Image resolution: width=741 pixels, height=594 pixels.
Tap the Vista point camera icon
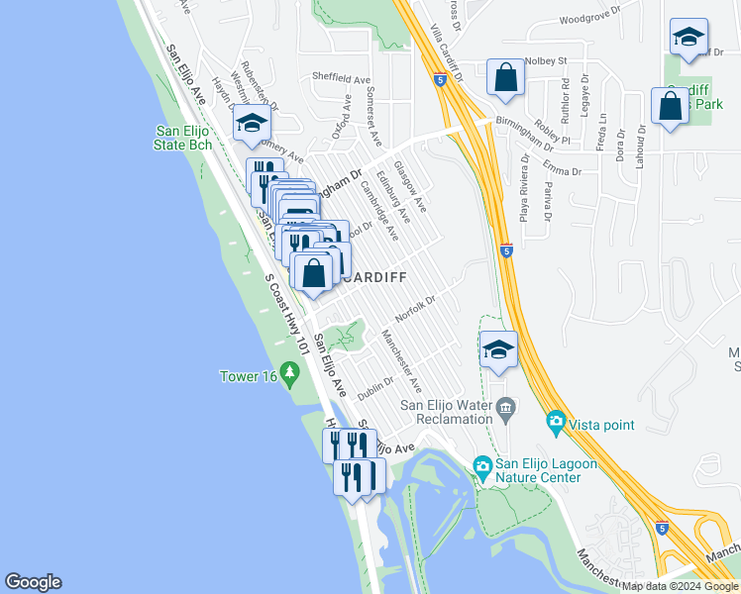556,424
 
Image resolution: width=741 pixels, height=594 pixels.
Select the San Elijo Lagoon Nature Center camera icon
482,466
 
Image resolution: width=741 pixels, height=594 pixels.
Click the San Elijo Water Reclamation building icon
506,407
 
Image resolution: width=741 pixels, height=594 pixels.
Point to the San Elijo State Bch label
184,138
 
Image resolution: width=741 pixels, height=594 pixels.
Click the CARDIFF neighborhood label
373,278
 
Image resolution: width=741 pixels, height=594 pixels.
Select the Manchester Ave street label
401,359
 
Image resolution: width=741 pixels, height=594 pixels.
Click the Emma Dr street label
561,170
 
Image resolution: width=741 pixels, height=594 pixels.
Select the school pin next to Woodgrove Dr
688,39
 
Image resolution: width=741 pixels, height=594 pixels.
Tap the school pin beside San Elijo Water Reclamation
498,348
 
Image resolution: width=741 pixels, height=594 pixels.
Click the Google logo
33,582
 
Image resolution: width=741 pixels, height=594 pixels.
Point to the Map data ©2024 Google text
680,586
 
